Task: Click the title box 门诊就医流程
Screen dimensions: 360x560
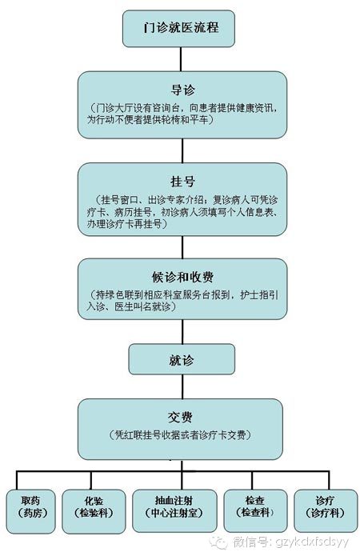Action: pos(178,29)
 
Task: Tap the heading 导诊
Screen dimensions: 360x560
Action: pos(182,90)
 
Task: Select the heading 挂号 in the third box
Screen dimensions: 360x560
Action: pos(182,182)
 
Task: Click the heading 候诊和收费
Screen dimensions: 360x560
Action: pos(182,277)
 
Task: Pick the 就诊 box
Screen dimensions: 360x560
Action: pos(182,359)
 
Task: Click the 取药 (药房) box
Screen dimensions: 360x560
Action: pos(30,511)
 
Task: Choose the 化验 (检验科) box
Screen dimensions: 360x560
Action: pos(94,511)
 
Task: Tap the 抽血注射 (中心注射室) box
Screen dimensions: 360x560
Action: pos(174,510)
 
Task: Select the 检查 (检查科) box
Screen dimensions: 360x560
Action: pos(255,510)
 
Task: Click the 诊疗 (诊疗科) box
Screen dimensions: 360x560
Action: pos(326,510)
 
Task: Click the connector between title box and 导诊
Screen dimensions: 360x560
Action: pos(181,59)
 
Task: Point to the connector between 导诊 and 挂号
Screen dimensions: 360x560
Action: pos(182,150)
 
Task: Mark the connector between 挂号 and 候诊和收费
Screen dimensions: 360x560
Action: pos(182,247)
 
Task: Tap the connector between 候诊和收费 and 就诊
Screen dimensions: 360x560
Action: pos(182,331)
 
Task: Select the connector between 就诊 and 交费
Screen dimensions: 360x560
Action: pos(182,386)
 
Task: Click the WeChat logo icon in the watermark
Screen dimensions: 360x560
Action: pos(218,542)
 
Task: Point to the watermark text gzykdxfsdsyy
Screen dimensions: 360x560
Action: pos(312,542)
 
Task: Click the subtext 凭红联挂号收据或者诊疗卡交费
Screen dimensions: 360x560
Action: pos(180,435)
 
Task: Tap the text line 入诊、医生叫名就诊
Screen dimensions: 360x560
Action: pos(131,306)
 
